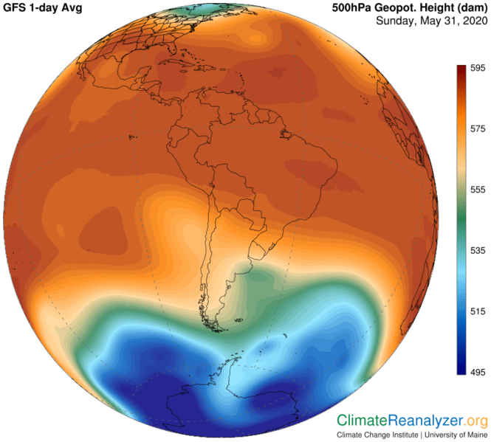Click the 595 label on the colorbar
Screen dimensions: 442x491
[478, 68]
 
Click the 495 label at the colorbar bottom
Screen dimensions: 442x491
[478, 373]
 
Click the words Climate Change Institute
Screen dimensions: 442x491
[375, 435]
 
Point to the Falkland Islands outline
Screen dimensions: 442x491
[238, 318]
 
